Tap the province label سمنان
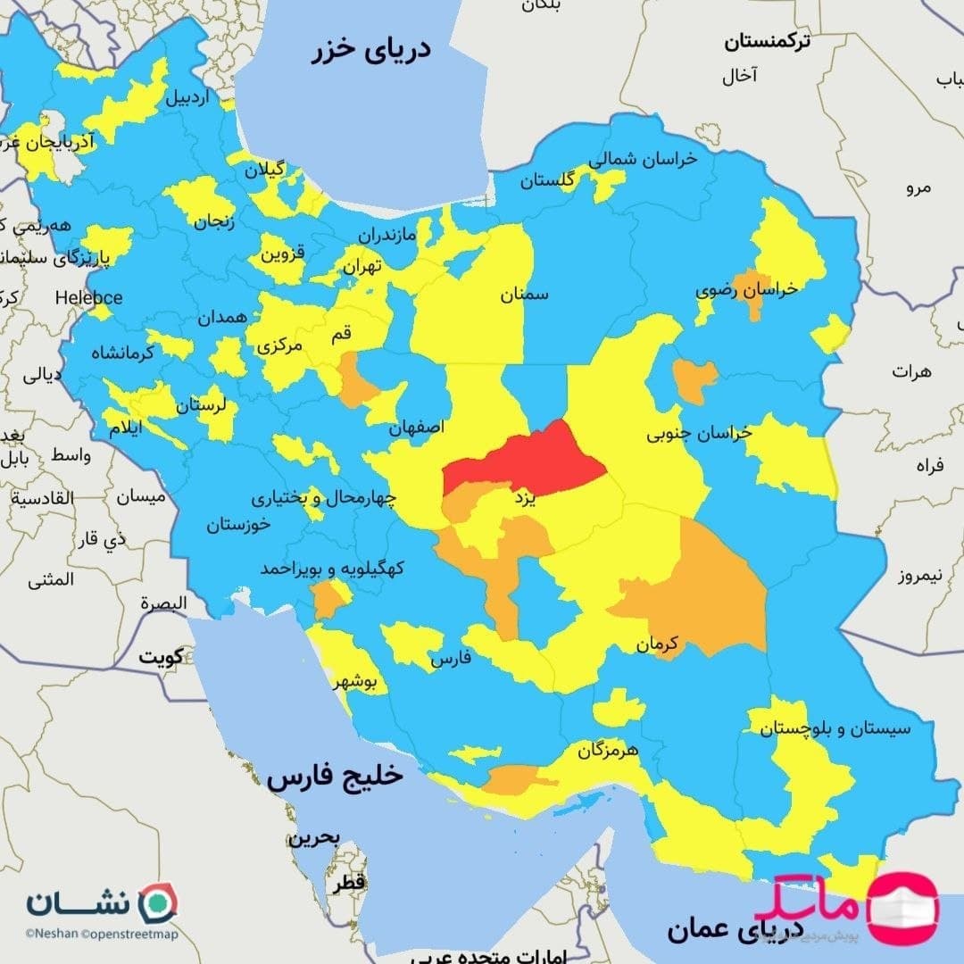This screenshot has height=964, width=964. coord(525,294)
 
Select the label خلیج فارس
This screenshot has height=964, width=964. coord(335,777)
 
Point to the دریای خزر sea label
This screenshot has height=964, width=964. coord(371,49)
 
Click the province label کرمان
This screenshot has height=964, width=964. coord(659,643)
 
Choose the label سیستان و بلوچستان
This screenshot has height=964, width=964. coord(835,728)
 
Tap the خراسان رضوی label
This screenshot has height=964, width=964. coord(747,290)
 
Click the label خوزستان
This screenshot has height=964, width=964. coord(238,525)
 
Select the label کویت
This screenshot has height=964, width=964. coord(160,657)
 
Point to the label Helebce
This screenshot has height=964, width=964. coord(88,297)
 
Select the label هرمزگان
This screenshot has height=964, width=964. coord(608,750)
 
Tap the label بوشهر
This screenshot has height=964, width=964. coord(355,683)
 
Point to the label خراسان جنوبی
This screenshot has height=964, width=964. coord(700,433)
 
